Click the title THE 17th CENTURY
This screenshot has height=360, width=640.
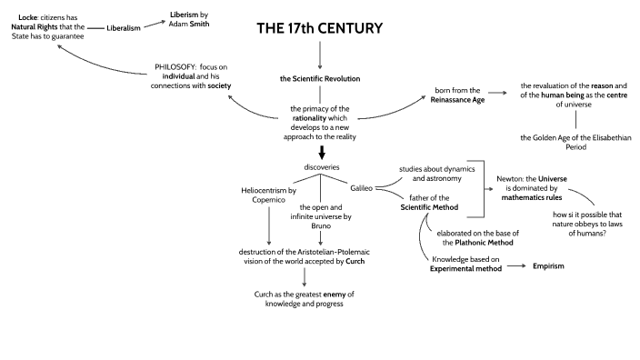tap(319, 29)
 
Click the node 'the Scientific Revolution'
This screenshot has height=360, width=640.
tap(320, 78)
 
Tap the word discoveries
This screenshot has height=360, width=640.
tap(320, 166)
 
